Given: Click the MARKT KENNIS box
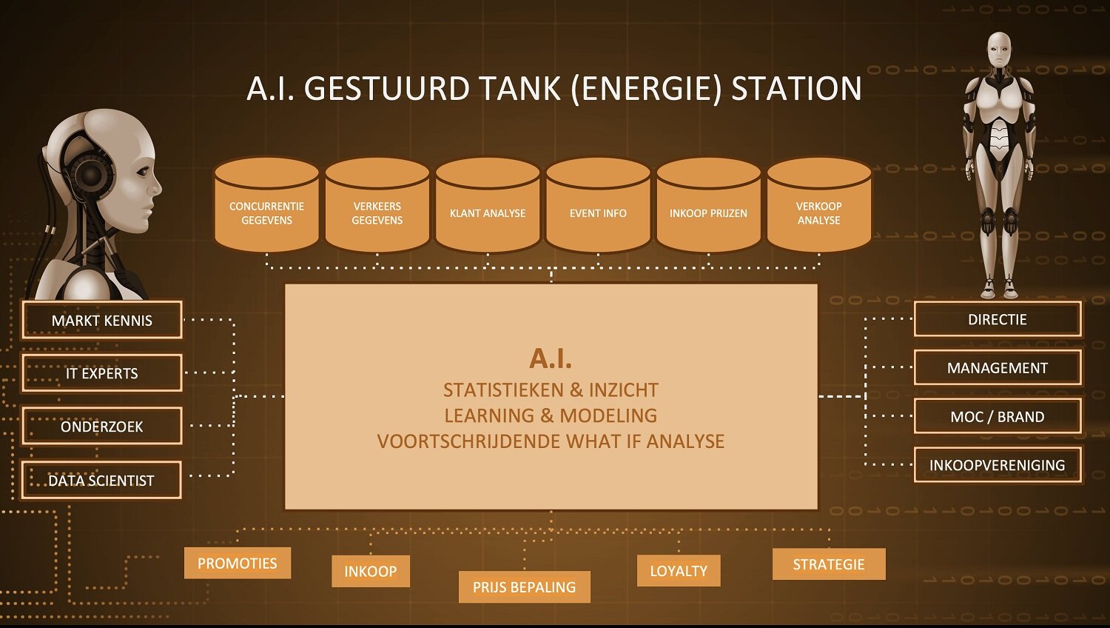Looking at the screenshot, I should click(x=102, y=320).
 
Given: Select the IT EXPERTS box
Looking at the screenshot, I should click(x=102, y=373).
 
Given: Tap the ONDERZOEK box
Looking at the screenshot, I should click(x=102, y=426).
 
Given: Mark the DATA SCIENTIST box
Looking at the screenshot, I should click(x=101, y=480).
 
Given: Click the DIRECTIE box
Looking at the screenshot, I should click(x=998, y=319).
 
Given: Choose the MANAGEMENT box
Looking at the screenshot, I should click(x=998, y=367).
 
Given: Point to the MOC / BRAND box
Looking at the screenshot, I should click(x=998, y=416).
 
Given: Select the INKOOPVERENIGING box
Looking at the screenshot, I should click(x=998, y=465).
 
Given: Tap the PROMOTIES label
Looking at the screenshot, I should click(x=238, y=564).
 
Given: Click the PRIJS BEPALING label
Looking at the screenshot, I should click(x=525, y=587).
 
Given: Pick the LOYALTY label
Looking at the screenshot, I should click(x=679, y=571).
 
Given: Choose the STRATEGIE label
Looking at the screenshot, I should click(x=829, y=564).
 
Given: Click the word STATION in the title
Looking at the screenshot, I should click(x=796, y=89).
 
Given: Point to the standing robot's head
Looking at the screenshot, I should click(x=999, y=50).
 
